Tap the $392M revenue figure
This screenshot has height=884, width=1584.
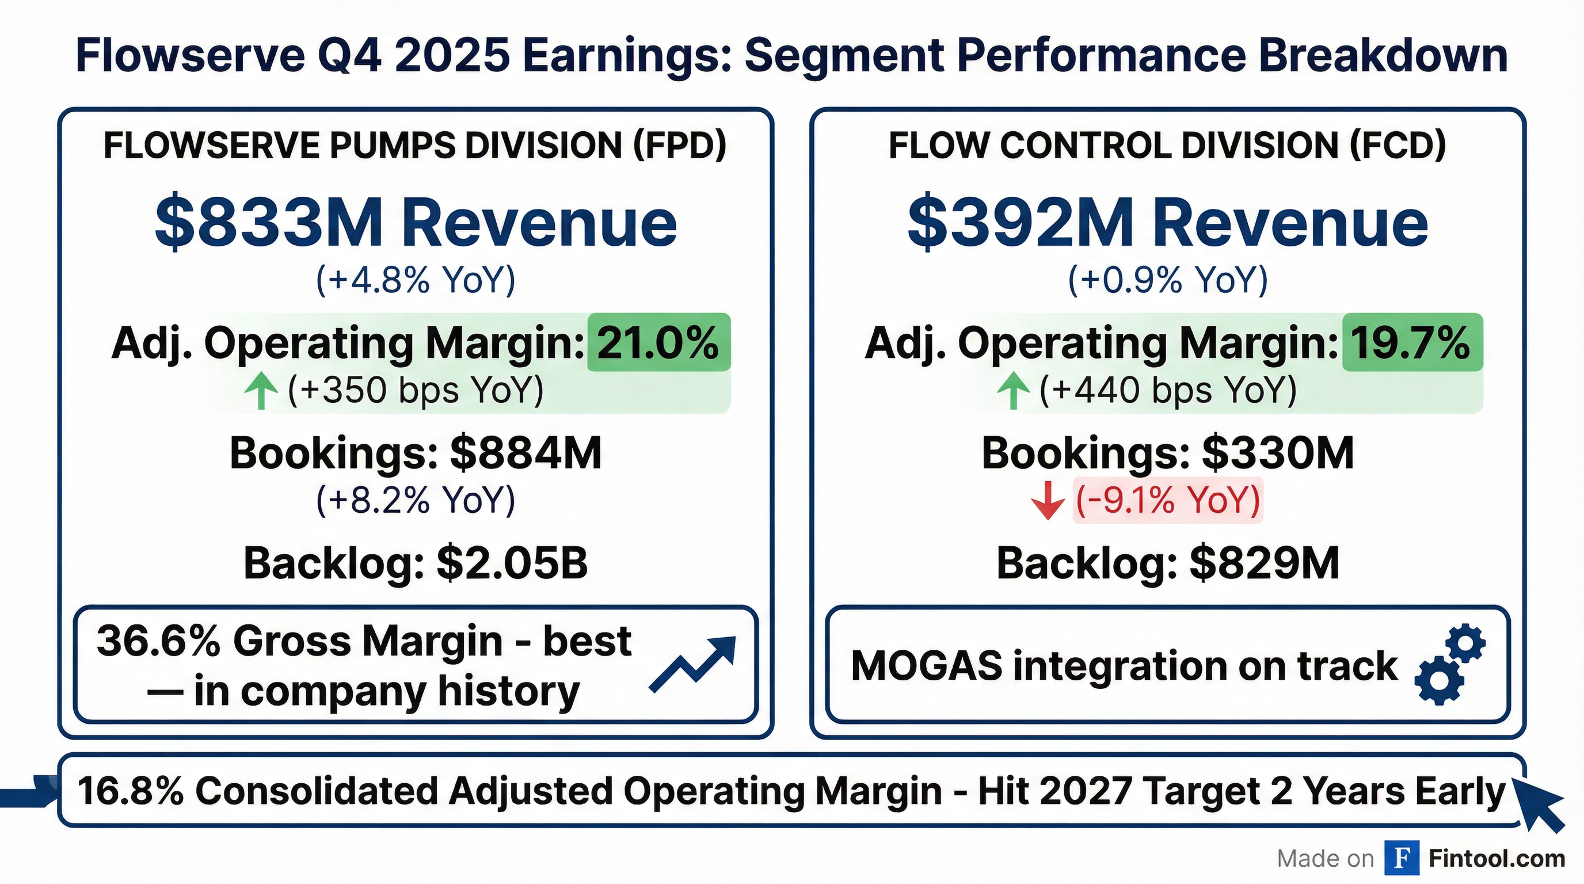pyautogui.click(x=1021, y=223)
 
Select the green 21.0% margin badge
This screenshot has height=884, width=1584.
pyautogui.click(x=658, y=342)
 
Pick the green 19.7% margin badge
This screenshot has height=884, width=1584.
pyautogui.click(x=1412, y=342)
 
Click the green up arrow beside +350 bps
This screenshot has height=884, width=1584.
pyautogui.click(x=261, y=391)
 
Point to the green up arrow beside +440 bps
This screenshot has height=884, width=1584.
pyautogui.click(x=1014, y=391)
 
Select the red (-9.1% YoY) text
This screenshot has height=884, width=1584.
pyautogui.click(x=1167, y=500)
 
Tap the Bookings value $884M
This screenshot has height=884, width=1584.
pyautogui.click(x=526, y=453)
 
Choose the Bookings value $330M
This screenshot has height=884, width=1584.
pyautogui.click(x=1278, y=453)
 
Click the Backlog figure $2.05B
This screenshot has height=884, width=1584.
pyautogui.click(x=512, y=563)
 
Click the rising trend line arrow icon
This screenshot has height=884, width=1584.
pyautogui.click(x=693, y=665)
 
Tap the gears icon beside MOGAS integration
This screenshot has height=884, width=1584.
pyautogui.click(x=1450, y=665)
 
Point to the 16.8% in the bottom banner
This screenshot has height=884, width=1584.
pyautogui.click(x=130, y=791)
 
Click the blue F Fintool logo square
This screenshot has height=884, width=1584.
pyautogui.click(x=1402, y=858)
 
